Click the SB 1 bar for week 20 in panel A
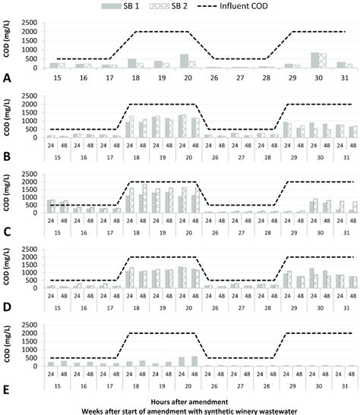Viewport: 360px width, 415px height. point(184,61)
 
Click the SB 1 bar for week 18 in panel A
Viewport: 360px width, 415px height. point(132,63)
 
